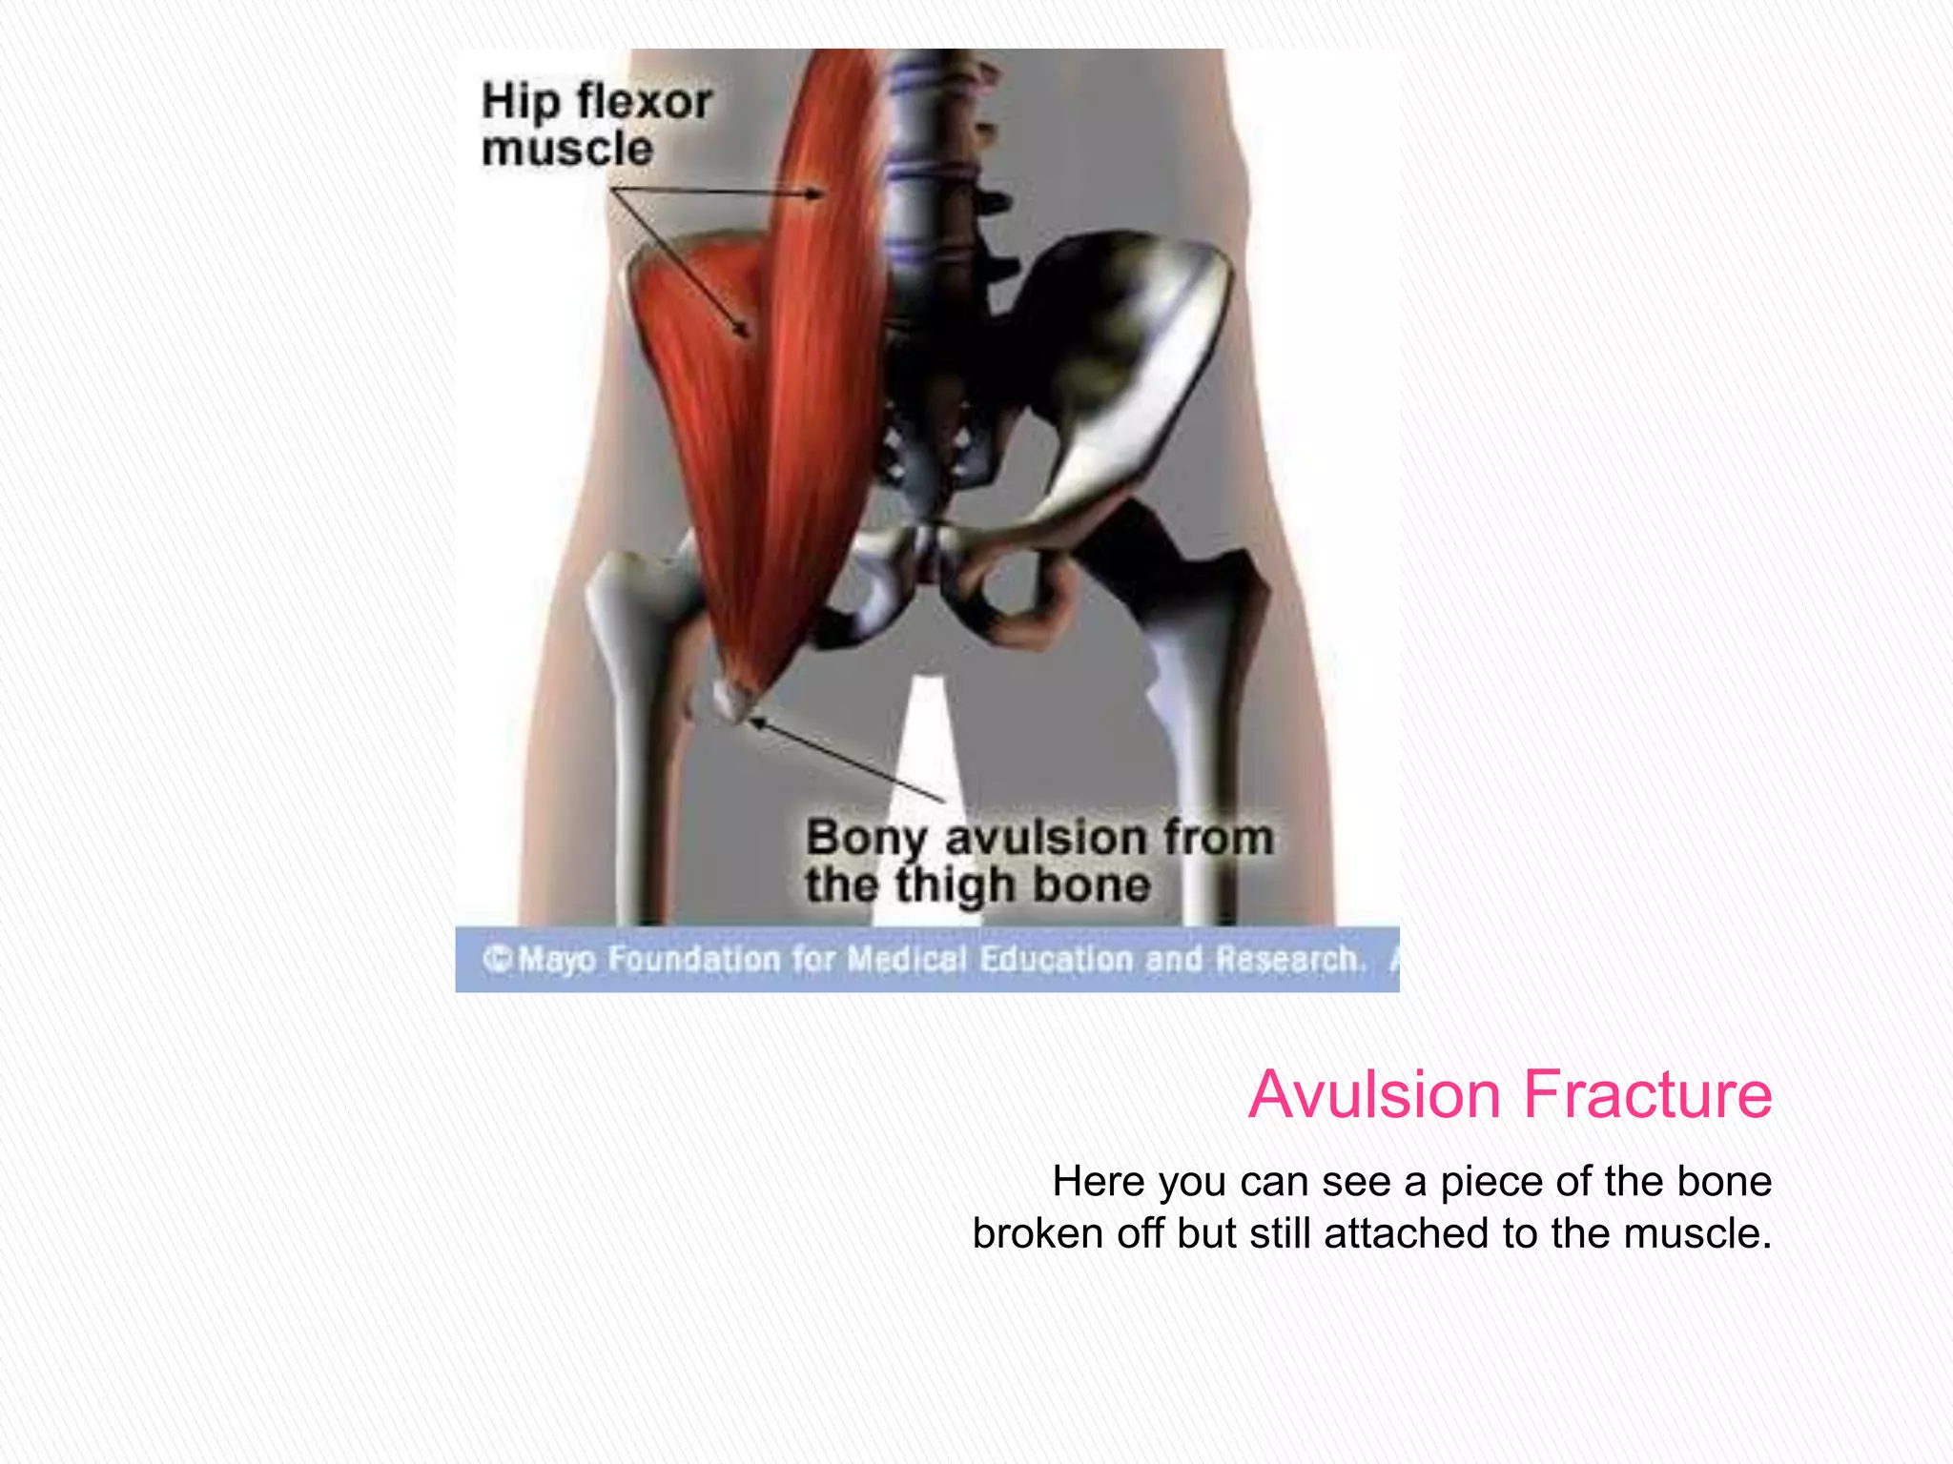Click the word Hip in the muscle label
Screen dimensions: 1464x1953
click(520, 103)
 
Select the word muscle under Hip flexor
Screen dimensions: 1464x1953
click(567, 150)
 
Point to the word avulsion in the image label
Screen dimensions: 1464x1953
click(1044, 838)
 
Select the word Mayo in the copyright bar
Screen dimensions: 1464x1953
click(557, 959)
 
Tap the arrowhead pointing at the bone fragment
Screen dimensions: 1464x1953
click(756, 723)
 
